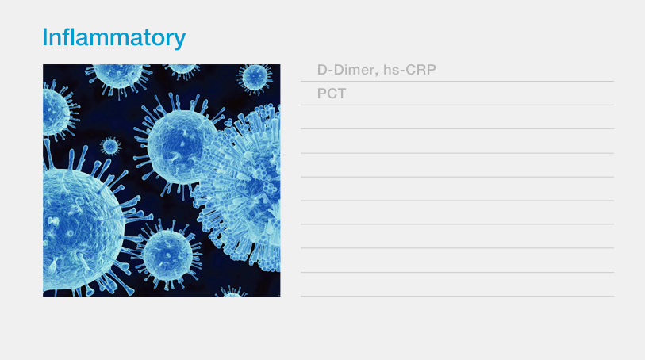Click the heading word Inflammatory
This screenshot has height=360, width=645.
coord(114,38)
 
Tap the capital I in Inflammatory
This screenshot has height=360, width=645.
coord(45,37)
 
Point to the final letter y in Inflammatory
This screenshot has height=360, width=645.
coord(180,40)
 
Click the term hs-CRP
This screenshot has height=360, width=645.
coord(409,70)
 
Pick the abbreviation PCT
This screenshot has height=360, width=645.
coord(332,94)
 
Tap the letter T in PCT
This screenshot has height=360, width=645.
coord(341,94)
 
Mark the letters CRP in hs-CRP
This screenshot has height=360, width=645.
coord(420,70)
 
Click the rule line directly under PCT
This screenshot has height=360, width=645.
coord(457,105)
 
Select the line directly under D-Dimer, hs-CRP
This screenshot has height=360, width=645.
coord(457,82)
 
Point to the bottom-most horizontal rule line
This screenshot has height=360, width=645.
coord(457,296)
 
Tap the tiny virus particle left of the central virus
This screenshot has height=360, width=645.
coord(110,147)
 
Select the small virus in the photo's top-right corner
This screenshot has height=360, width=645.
coord(255,78)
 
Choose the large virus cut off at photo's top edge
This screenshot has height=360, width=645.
coord(119,76)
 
